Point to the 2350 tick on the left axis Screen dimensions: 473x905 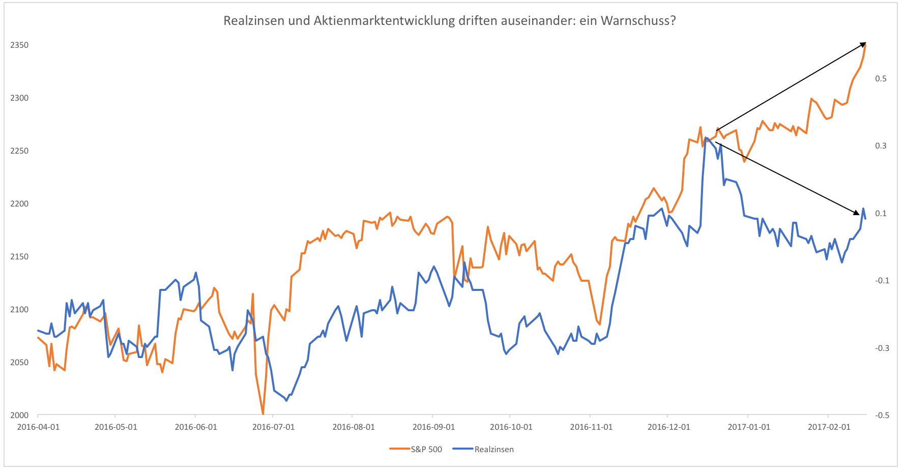click(x=19, y=45)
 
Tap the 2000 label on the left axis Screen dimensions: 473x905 click(x=19, y=415)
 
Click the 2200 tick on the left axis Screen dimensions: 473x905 click(x=19, y=203)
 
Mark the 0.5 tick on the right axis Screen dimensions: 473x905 click(x=881, y=78)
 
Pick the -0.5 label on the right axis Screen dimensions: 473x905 click(x=882, y=415)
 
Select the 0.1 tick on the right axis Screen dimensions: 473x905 click(x=881, y=213)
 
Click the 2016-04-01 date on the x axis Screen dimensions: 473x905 click(x=38, y=427)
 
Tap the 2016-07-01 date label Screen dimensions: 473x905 click(x=273, y=427)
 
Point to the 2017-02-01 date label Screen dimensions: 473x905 click(x=829, y=427)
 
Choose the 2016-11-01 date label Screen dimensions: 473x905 click(x=591, y=427)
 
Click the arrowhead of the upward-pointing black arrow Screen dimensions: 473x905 click(x=863, y=45)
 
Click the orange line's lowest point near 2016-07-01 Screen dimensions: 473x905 click(x=263, y=413)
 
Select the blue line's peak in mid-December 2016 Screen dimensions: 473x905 click(x=706, y=137)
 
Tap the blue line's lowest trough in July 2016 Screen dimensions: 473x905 click(x=286, y=401)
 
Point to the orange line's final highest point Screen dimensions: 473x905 click(x=866, y=45)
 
